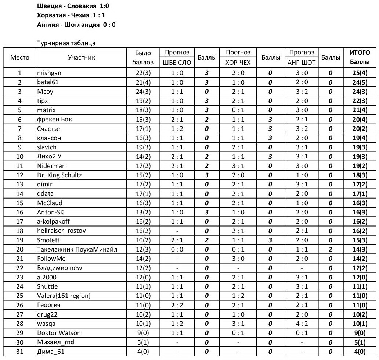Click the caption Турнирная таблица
click(66, 43)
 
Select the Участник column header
click(81, 57)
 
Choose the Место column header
click(20, 57)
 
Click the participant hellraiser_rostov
click(62, 231)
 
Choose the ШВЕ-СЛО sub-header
click(177, 63)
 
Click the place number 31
click(20, 352)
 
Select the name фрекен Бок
click(52, 120)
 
